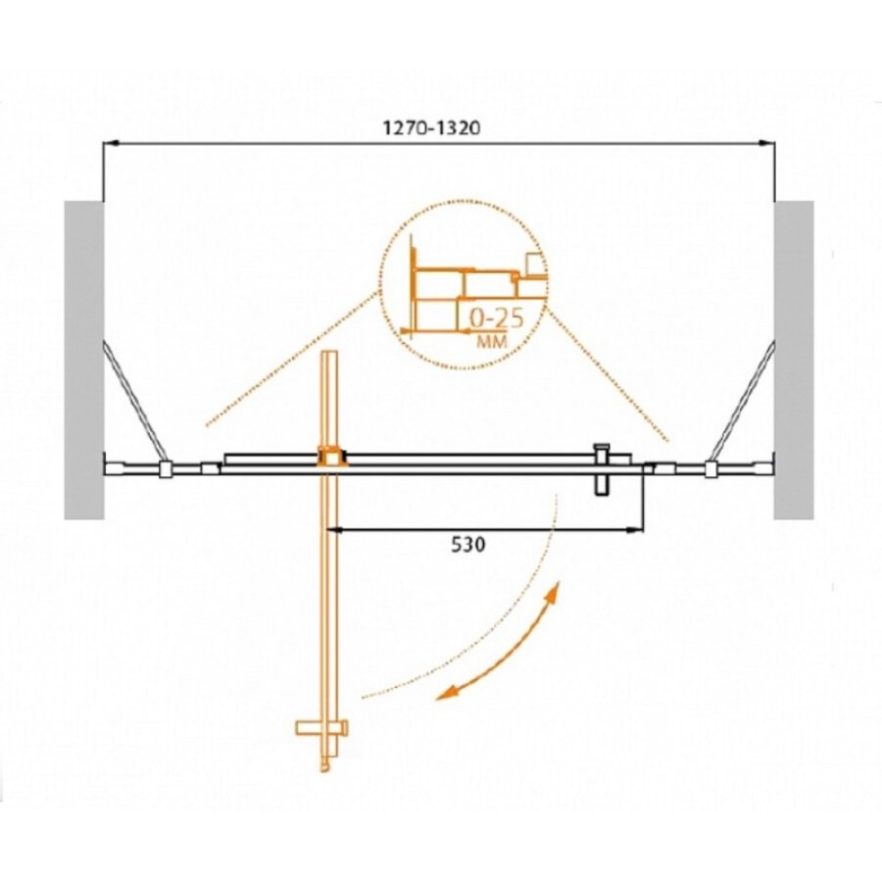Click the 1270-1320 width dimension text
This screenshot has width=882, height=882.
coord(431,128)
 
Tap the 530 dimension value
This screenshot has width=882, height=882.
coord(468,545)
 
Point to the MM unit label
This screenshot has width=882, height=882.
coord(492,341)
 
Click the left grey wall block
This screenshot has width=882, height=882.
coord(84,360)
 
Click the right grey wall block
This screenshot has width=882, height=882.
coord(794,360)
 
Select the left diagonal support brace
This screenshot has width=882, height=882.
coord(135,401)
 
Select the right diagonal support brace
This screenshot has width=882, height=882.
coord(743,401)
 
